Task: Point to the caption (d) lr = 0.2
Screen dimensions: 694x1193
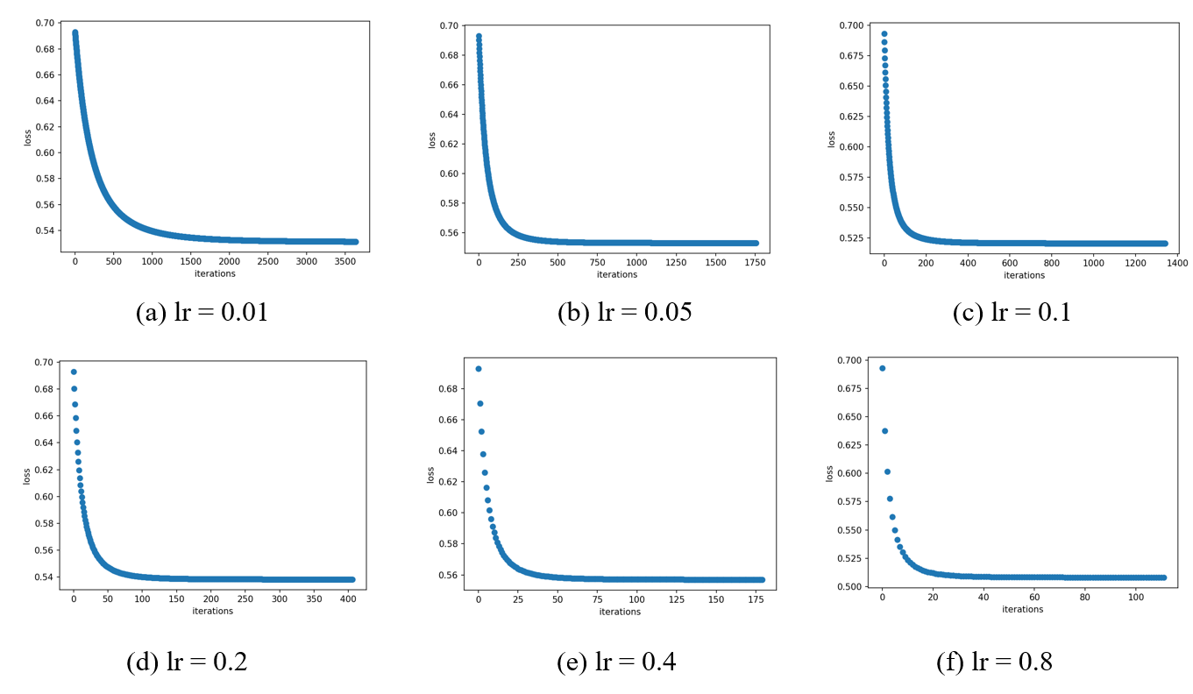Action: point(187,662)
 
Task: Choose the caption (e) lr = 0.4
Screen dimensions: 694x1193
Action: point(616,662)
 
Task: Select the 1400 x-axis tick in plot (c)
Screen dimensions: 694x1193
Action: point(1175,263)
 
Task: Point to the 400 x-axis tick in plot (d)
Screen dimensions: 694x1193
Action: point(348,599)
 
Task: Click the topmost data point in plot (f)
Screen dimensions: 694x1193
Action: point(883,368)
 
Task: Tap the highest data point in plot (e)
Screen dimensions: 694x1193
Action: point(479,369)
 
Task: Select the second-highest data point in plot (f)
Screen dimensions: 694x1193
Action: point(885,431)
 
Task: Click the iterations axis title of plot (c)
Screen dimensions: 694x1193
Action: point(1024,275)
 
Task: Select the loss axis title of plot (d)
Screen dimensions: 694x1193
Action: point(27,476)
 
